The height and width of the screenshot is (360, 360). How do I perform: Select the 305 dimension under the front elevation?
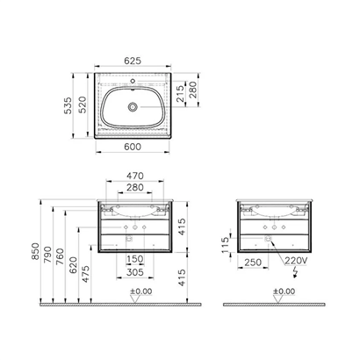coord(134,272)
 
